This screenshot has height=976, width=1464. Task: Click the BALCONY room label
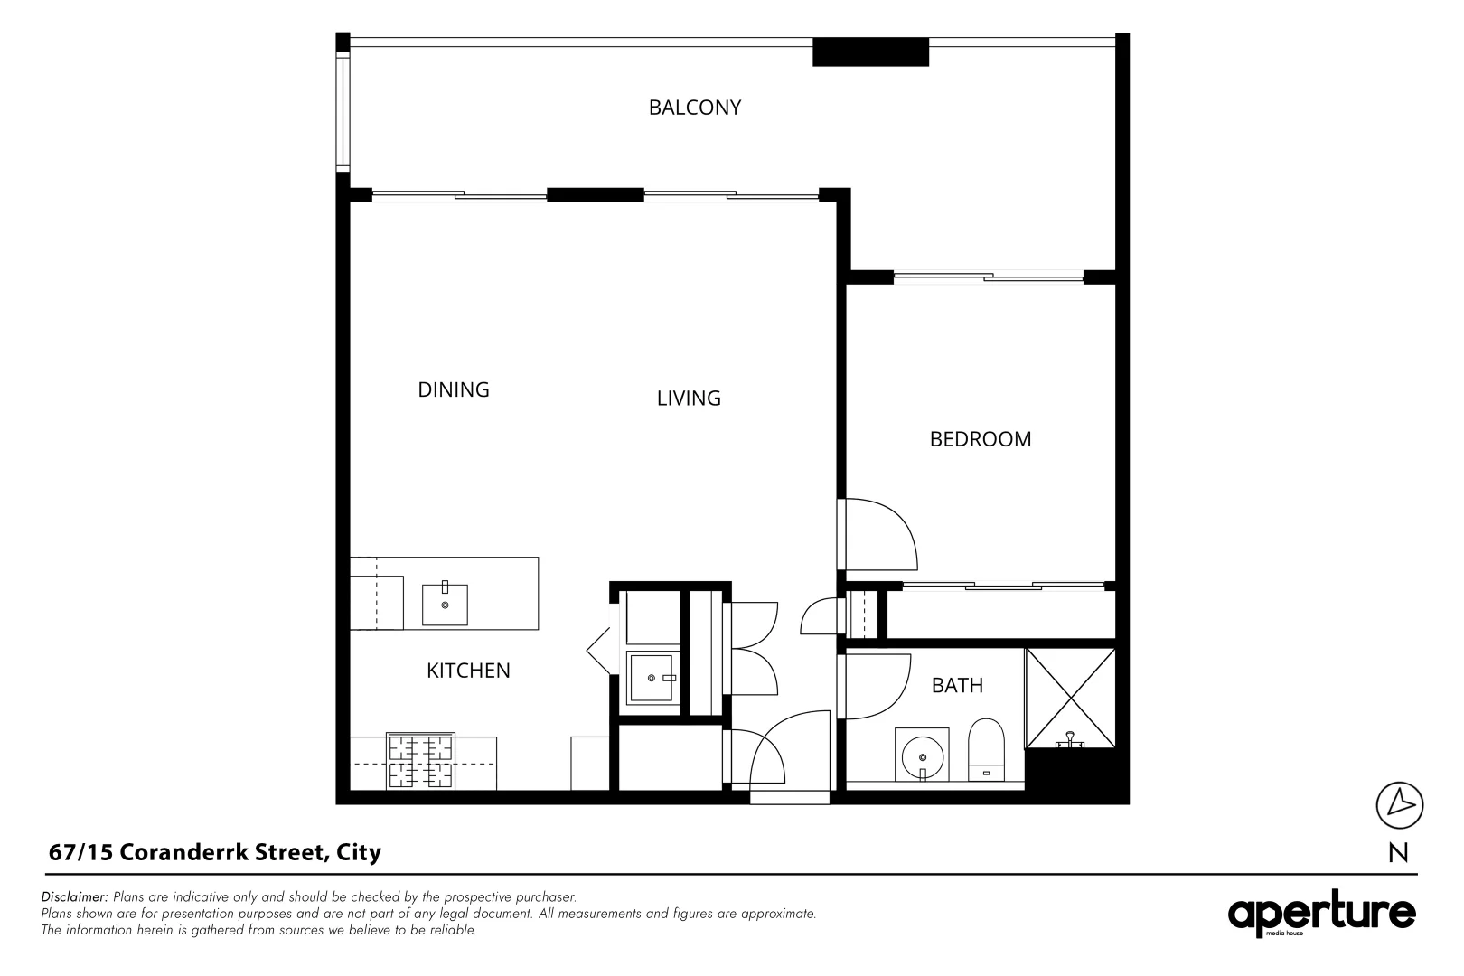694,108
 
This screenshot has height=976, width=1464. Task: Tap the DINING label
453,389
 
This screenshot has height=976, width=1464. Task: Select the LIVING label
688,398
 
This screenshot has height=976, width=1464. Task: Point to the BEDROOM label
980,439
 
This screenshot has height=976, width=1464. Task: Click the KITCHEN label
467,671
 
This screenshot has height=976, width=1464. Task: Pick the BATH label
957,685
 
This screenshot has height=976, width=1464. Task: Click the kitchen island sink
445,605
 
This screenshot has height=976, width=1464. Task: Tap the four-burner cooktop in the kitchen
420,761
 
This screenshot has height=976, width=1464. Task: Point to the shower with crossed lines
1070,698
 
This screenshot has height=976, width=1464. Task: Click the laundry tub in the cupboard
652,677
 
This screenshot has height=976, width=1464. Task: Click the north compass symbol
1399,804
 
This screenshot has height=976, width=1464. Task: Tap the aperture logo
1320,915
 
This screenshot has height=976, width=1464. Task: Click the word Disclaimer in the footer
74,897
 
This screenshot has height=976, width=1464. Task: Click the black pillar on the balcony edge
870,52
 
